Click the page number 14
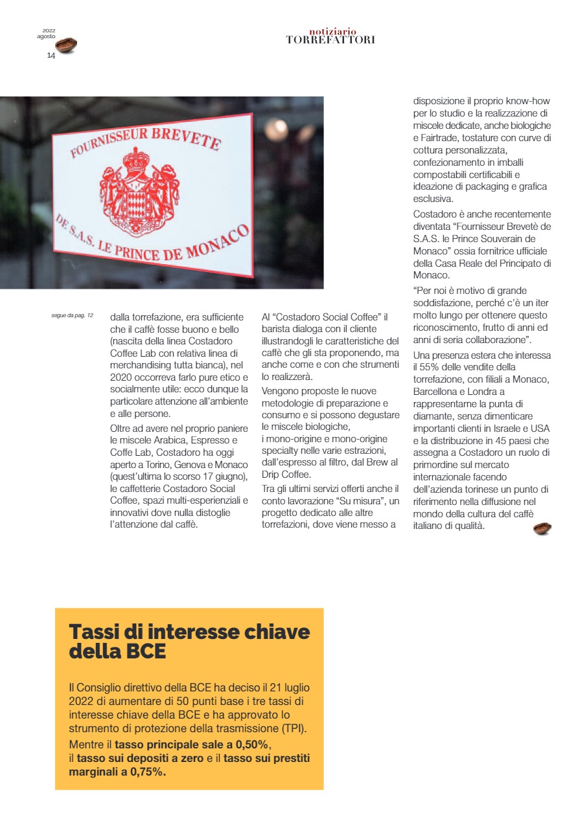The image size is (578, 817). [51, 56]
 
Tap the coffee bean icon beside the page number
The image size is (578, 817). [66, 45]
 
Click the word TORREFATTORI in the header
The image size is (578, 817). [330, 40]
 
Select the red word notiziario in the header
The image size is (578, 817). [332, 31]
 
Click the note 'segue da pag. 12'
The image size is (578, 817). [73, 315]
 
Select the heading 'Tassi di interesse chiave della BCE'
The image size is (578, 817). [189, 641]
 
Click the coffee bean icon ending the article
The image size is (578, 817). [542, 529]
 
